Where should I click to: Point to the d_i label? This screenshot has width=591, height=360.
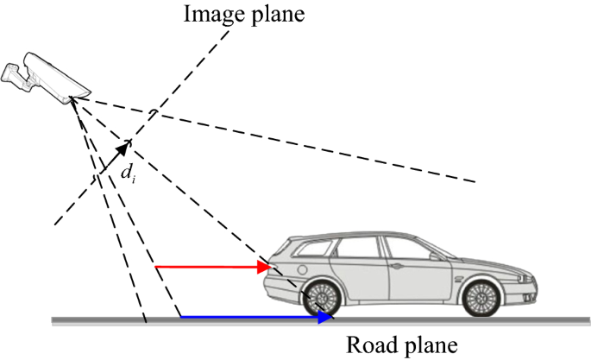[x=128, y=172]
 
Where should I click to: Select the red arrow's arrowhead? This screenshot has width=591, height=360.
[x=267, y=268]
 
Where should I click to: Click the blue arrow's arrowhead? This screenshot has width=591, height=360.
[x=325, y=318]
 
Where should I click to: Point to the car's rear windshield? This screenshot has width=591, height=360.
[x=290, y=250]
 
